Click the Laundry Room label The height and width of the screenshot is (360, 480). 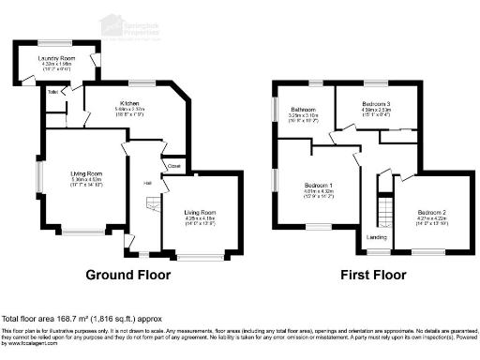click(55, 58)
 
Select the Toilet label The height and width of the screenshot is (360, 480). click(52, 91)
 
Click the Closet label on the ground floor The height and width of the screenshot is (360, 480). click(173, 166)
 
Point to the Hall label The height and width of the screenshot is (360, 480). click(147, 182)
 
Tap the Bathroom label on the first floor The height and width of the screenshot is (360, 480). click(302, 110)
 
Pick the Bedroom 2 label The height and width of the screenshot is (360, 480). click(432, 211)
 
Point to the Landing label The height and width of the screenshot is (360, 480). click(376, 237)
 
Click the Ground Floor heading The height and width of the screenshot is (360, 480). click(127, 276)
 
